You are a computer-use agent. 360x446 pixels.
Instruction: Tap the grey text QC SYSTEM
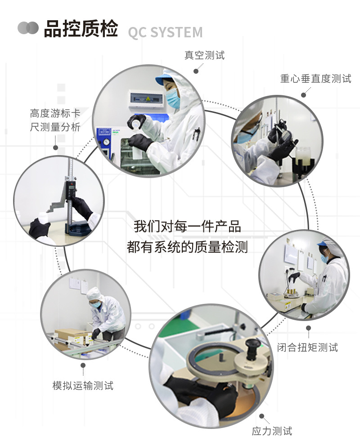[x=165, y=33]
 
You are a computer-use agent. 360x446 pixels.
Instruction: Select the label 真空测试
[x=204, y=55]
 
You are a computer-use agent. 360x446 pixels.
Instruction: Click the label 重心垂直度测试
[x=315, y=79]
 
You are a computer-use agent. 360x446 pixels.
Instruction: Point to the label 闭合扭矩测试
[x=308, y=347]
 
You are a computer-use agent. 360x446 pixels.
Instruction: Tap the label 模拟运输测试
[x=83, y=385]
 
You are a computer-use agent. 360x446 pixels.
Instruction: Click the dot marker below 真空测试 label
[x=196, y=71]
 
